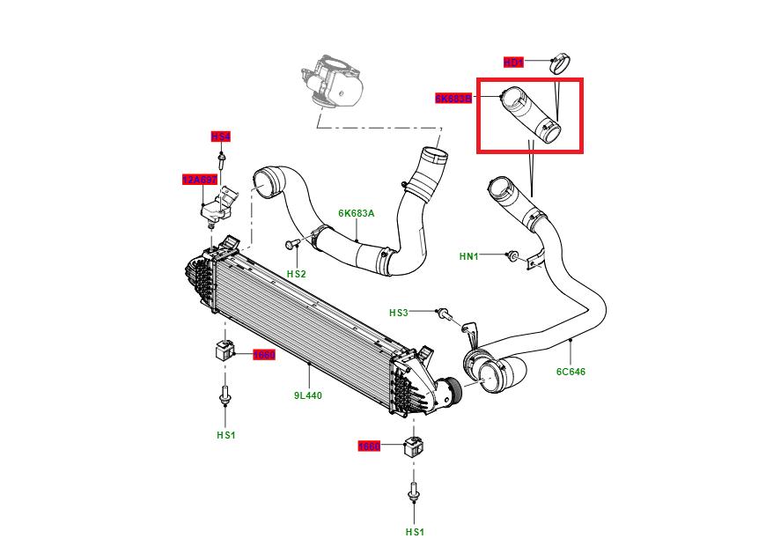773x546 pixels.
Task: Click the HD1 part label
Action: pos(513,63)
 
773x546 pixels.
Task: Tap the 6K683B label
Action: pos(453,99)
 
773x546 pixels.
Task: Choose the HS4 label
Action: pos(220,136)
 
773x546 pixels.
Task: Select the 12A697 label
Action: pos(199,180)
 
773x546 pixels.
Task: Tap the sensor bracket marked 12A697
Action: pos(217,208)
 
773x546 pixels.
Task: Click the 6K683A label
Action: pos(357,213)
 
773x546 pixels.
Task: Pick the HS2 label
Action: pos(296,274)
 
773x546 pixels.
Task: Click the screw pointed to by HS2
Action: pos(291,242)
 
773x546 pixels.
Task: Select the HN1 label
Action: pos(469,256)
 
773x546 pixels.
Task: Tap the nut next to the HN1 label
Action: pos(512,255)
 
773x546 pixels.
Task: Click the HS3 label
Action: pos(400,313)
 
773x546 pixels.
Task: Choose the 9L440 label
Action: pos(308,395)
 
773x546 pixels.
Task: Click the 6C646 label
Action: pos(571,372)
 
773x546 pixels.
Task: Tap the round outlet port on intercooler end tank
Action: pos(451,389)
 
